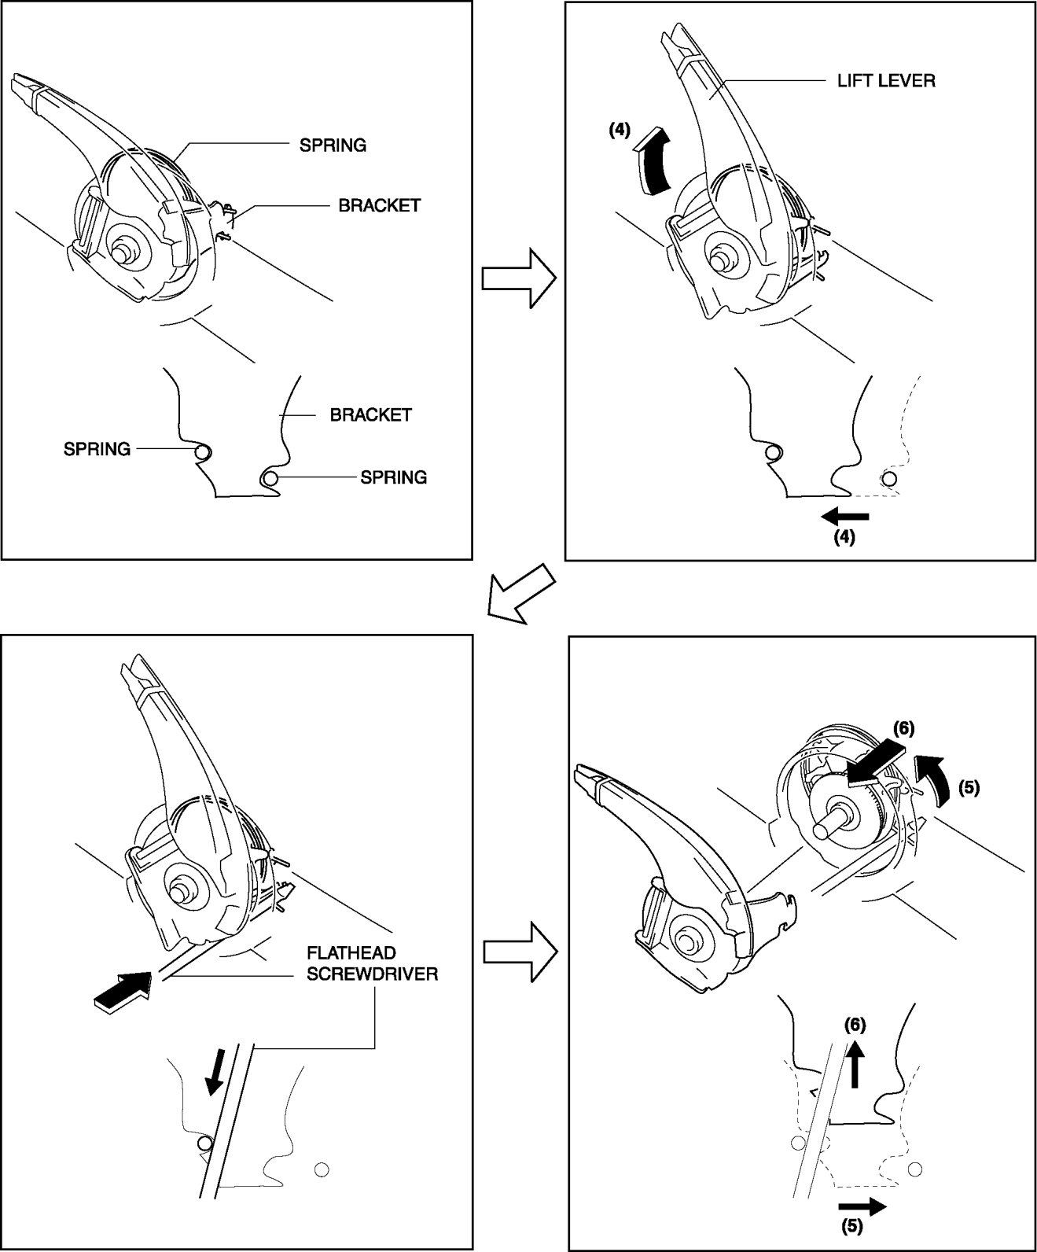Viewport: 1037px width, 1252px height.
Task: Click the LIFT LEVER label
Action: pos(886,81)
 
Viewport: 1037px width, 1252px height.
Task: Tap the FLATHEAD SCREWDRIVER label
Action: pos(372,963)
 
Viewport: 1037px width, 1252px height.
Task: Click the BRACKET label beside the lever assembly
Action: pos(379,205)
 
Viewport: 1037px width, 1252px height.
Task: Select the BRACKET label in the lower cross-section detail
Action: pos(370,414)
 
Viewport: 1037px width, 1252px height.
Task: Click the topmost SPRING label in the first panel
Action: pos(333,145)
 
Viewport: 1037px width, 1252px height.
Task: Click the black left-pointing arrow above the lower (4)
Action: pos(845,517)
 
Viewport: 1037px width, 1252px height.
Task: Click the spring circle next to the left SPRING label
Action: pos(202,452)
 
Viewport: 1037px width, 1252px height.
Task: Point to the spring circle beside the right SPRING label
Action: pos(271,478)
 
